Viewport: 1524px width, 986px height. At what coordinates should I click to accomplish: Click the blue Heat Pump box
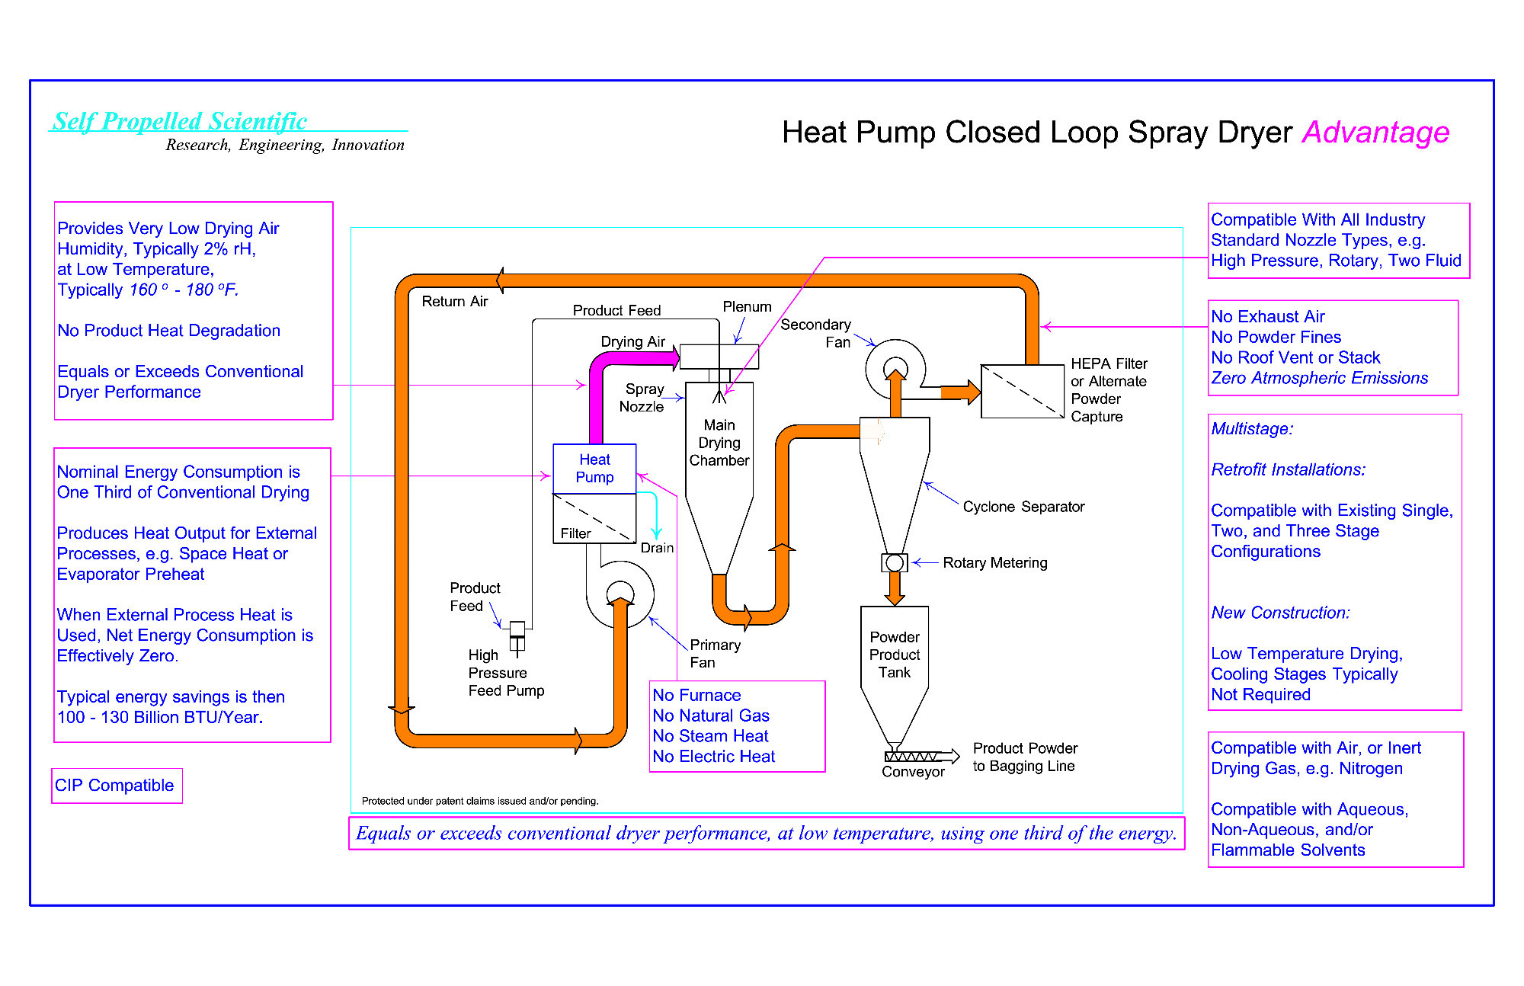(594, 469)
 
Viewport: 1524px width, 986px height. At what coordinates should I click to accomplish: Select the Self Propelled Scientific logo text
(180, 121)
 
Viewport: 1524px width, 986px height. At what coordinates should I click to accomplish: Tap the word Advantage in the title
(1375, 133)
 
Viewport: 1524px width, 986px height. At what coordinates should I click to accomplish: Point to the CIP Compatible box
(117, 786)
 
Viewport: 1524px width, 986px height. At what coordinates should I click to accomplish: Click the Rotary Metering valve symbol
(895, 563)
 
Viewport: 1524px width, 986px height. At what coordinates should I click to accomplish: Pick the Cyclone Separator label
(1023, 507)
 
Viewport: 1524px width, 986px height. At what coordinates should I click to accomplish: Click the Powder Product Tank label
(895, 655)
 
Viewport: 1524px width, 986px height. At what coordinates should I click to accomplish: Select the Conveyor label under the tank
(913, 772)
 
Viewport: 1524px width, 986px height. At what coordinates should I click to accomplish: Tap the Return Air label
(454, 302)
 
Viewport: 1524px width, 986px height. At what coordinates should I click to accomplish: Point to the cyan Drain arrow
(656, 518)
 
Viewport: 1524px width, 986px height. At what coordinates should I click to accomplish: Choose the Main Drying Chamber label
(719, 443)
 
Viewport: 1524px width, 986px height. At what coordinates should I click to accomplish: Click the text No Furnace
(696, 695)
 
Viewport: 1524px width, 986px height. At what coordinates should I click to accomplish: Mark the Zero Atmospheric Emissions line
(1319, 378)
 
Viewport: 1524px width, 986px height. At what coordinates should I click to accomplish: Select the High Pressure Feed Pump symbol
(517, 637)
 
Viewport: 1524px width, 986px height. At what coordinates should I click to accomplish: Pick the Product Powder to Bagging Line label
(1025, 757)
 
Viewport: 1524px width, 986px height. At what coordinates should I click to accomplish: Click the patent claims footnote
(480, 801)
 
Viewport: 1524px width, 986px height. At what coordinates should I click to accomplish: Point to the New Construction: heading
(1280, 613)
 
